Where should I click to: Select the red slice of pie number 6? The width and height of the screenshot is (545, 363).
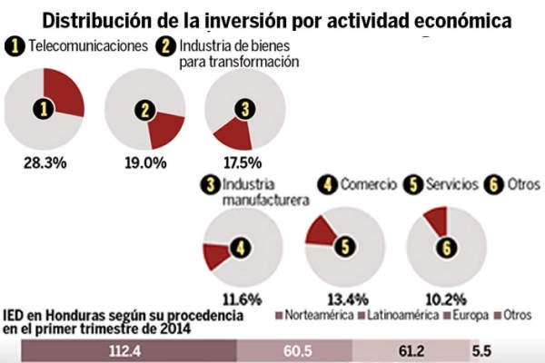436,220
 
